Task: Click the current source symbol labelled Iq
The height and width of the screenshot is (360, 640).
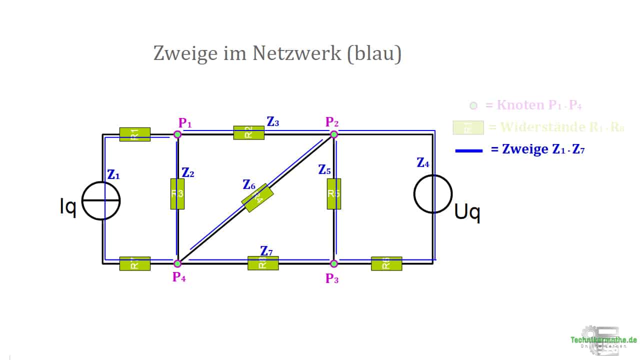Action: [x=101, y=200]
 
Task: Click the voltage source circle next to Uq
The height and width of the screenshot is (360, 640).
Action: [x=433, y=194]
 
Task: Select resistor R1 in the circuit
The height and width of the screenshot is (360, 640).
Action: [x=134, y=134]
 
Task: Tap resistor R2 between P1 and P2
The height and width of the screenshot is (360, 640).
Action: [x=248, y=132]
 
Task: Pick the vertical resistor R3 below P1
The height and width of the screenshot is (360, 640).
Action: [x=177, y=193]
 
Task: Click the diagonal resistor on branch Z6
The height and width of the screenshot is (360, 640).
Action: [x=257, y=198]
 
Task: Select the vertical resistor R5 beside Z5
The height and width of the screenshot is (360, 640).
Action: [x=333, y=193]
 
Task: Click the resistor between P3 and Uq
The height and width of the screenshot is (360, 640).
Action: [x=386, y=263]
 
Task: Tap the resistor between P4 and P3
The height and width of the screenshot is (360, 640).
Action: [x=263, y=263]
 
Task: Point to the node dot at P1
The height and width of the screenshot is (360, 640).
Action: [x=177, y=134]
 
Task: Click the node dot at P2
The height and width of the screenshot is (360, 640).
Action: [x=334, y=134]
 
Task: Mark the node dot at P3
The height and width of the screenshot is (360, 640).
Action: [x=334, y=263]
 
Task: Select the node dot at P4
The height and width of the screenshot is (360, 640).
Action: [x=177, y=263]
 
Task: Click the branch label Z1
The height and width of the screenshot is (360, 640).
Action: [x=113, y=174]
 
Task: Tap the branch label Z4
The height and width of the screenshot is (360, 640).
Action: [x=423, y=162]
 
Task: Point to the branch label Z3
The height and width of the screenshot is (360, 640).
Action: [x=273, y=121]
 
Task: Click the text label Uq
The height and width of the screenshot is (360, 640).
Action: [x=467, y=213]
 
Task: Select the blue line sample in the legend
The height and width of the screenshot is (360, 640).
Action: [x=469, y=150]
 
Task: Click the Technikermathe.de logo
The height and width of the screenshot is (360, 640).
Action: [x=604, y=340]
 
